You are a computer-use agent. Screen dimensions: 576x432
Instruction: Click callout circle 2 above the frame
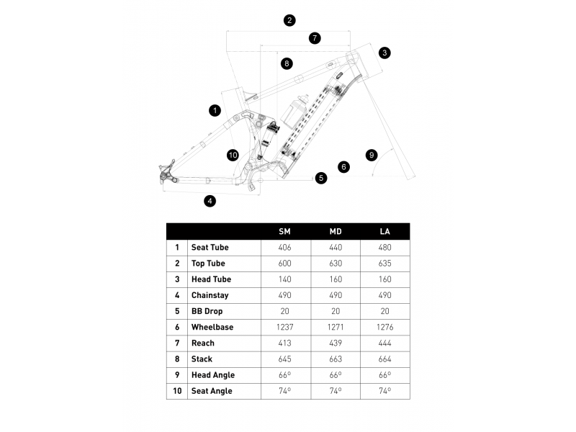(289, 20)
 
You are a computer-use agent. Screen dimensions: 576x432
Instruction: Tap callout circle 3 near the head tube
(384, 53)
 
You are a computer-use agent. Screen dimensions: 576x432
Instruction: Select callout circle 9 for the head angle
(372, 155)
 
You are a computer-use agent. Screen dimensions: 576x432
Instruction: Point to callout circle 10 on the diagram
(233, 155)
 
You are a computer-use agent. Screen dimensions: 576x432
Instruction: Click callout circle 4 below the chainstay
(210, 201)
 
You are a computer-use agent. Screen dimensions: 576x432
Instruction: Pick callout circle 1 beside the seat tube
(215, 110)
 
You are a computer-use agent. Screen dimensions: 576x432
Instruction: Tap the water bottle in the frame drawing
(294, 111)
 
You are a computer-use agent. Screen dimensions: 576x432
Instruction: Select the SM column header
(284, 231)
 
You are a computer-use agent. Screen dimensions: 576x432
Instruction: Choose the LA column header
(385, 231)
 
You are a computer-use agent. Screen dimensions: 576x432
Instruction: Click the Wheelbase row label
(212, 327)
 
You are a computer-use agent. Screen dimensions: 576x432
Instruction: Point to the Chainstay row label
(210, 295)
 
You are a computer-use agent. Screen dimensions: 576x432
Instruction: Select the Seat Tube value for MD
(336, 247)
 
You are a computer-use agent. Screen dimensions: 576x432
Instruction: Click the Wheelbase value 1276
(385, 327)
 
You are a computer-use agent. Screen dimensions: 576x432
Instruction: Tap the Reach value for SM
(284, 343)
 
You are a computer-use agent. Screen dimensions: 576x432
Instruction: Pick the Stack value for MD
(336, 359)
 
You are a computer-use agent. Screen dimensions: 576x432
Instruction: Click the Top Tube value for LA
(385, 264)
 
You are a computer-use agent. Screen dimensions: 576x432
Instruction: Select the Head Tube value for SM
(284, 279)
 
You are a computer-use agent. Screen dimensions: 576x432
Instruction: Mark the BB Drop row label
(207, 311)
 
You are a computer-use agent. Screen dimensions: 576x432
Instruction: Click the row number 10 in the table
(177, 391)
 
